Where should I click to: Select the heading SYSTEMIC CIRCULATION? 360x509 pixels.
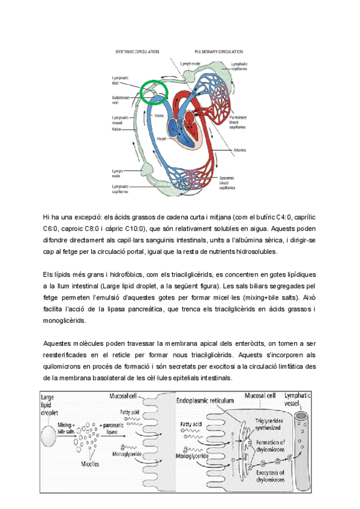click(x=137, y=52)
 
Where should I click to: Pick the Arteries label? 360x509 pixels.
click(x=233, y=149)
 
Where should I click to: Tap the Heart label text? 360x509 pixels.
click(x=161, y=138)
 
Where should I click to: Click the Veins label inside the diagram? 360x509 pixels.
click(x=160, y=115)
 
